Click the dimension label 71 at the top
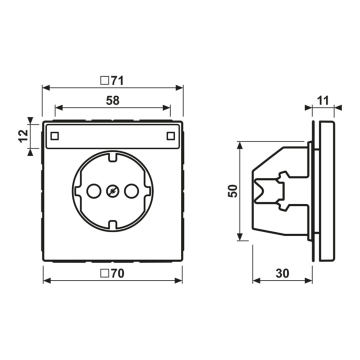117,80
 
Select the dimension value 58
112,100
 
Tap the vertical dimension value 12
23,136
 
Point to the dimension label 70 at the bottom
118,273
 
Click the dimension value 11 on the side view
323,100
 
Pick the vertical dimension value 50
232,191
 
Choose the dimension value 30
282,273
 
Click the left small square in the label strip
54,136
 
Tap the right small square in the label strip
170,136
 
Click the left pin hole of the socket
94,191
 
